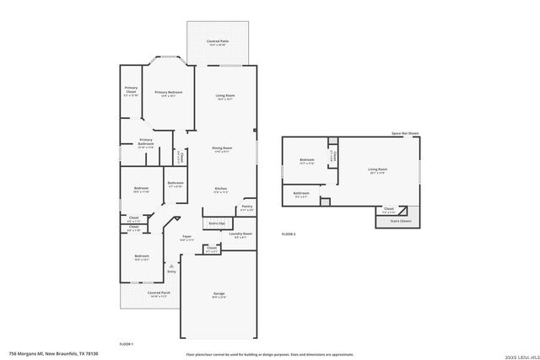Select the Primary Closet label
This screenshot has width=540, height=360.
pyautogui.click(x=131, y=89)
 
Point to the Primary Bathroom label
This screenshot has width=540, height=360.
pyautogui.click(x=146, y=141)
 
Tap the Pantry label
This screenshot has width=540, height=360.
pyautogui.click(x=247, y=206)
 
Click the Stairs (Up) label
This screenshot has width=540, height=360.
pyautogui.click(x=216, y=223)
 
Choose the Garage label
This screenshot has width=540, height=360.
pyautogui.click(x=219, y=294)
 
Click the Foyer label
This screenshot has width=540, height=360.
pyautogui.click(x=186, y=237)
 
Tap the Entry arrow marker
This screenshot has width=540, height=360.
pyautogui.click(x=172, y=265)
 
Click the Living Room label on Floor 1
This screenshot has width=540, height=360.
pyautogui.click(x=224, y=96)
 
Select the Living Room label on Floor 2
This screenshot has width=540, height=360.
pyautogui.click(x=377, y=169)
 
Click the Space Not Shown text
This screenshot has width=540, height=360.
pyautogui.click(x=406, y=132)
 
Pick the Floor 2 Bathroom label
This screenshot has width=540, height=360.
pyautogui.click(x=301, y=194)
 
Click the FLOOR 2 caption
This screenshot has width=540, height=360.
pyautogui.click(x=289, y=233)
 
